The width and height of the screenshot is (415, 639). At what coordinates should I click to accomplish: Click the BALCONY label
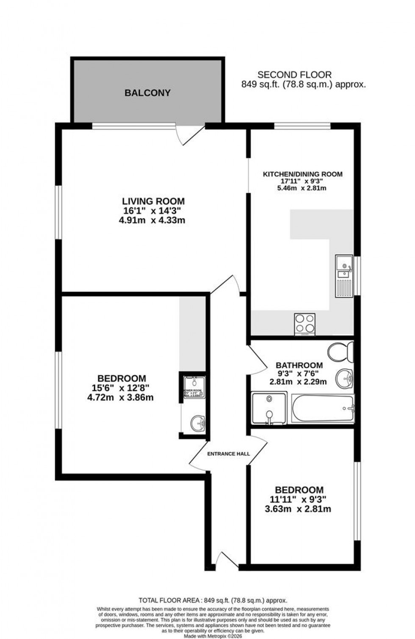(x=147, y=93)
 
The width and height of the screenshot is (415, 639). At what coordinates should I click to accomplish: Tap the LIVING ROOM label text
(x=153, y=201)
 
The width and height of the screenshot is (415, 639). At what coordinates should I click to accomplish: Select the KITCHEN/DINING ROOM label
(x=302, y=174)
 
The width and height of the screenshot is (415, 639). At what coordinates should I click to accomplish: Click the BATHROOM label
(x=299, y=365)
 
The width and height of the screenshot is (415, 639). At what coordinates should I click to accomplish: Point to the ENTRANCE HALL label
(x=228, y=454)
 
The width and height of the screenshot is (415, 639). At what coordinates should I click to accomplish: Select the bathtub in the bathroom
(x=323, y=408)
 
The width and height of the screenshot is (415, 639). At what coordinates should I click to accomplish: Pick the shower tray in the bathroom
(x=269, y=408)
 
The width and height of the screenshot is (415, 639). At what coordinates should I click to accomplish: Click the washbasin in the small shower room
(x=197, y=422)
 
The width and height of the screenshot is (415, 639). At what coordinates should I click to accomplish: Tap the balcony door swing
(x=190, y=135)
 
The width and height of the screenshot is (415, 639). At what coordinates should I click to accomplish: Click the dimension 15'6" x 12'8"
(x=122, y=388)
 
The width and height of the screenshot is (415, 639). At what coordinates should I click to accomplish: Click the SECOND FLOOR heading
(x=295, y=75)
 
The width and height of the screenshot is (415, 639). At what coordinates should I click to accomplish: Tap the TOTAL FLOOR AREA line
(x=213, y=600)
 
